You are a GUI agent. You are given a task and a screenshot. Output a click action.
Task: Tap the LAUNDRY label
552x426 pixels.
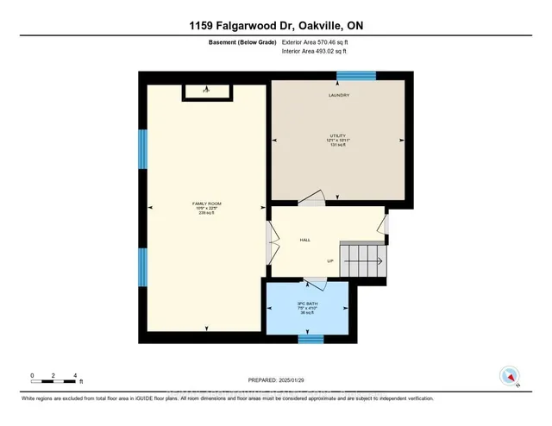tap(338, 95)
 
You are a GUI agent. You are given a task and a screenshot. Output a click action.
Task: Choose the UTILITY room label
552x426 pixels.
tap(338, 137)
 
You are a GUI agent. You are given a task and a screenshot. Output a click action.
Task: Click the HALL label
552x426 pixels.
tap(305, 241)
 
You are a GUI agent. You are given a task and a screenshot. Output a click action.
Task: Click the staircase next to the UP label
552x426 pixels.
tap(363, 258)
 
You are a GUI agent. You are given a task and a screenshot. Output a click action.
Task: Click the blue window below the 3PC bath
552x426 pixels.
tap(310, 340)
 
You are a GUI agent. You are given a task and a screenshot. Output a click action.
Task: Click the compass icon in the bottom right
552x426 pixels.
tap(509, 376)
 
